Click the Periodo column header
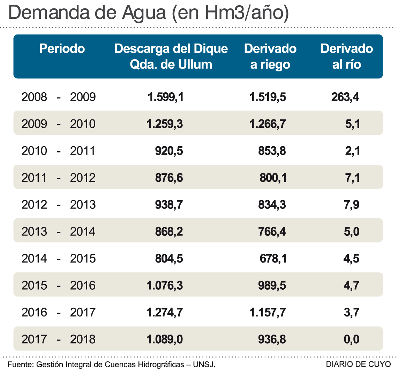pos(62,48)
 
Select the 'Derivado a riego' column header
pos(270,56)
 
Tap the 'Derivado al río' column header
pos(347,56)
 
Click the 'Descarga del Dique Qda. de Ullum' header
pos(171,56)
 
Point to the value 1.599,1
pos(166,97)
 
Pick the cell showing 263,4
pos(345,97)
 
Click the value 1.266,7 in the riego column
pos(268,124)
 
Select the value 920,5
pos(169,151)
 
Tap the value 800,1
pos(273,178)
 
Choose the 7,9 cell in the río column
pos(352,205)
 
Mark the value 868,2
pos(169,232)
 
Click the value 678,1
pos(273,259)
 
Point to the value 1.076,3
pos(165,285)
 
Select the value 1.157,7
pos(268,312)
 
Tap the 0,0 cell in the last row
pos(352,339)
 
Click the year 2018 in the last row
pos(83,339)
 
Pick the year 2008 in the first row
pos(34,97)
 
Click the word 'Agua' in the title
pos(144,13)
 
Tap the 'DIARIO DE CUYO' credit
pos(359,365)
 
